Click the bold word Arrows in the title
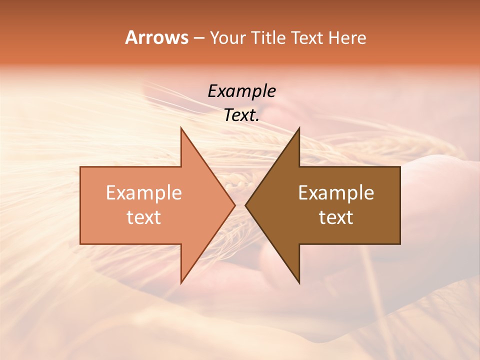point(156,37)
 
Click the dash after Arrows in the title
point(198,38)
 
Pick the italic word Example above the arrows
point(241,91)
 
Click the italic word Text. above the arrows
point(241,115)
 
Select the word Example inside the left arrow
point(144,192)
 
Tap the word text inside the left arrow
point(144,217)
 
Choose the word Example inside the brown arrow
point(336,192)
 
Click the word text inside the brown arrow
point(336,217)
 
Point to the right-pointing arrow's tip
point(234,205)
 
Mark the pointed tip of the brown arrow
point(245,205)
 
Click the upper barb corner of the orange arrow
point(181,128)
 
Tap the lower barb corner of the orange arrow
point(181,283)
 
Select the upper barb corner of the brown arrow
point(299,128)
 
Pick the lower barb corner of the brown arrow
point(299,283)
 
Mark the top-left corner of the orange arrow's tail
point(80,167)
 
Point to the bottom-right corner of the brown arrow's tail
point(400,244)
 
